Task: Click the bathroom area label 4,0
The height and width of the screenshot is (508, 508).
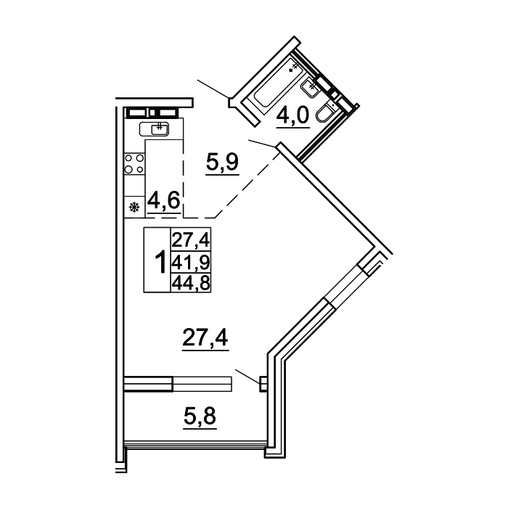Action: point(293,115)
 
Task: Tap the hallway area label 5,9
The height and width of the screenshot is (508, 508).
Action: point(222,163)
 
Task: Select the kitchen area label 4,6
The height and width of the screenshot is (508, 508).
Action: point(163,200)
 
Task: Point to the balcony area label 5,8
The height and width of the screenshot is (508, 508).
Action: point(200,417)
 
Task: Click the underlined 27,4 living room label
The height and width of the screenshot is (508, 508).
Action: point(205,337)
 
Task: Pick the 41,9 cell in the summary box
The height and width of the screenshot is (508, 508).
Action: point(191,262)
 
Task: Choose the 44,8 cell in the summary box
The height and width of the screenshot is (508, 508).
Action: point(191,283)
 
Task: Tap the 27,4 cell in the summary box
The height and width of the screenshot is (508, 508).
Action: point(191,240)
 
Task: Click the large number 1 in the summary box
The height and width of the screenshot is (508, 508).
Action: point(160,262)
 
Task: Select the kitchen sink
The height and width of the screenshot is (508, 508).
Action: point(154,129)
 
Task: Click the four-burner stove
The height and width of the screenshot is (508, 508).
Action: point(134,163)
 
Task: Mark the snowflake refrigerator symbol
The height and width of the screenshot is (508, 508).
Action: point(134,207)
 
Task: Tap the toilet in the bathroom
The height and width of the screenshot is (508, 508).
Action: point(324,113)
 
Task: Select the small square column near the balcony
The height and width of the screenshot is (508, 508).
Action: point(263,384)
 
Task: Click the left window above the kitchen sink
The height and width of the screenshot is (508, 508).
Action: point(138,112)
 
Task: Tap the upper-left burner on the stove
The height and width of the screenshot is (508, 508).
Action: point(129,158)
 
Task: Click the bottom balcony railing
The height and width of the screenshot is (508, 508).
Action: point(195,443)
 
